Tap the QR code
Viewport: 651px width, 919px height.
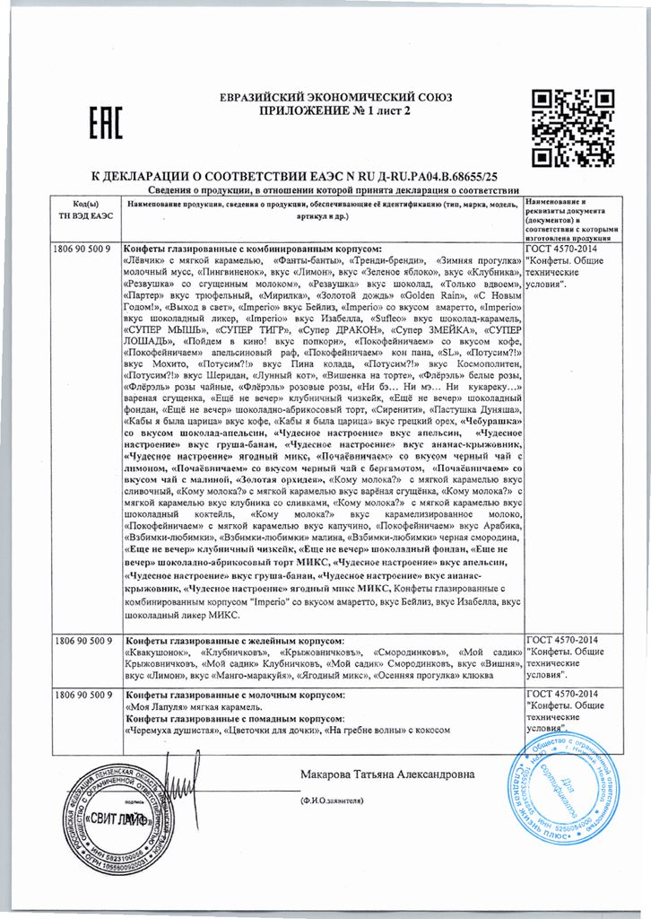pos(564,126)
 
